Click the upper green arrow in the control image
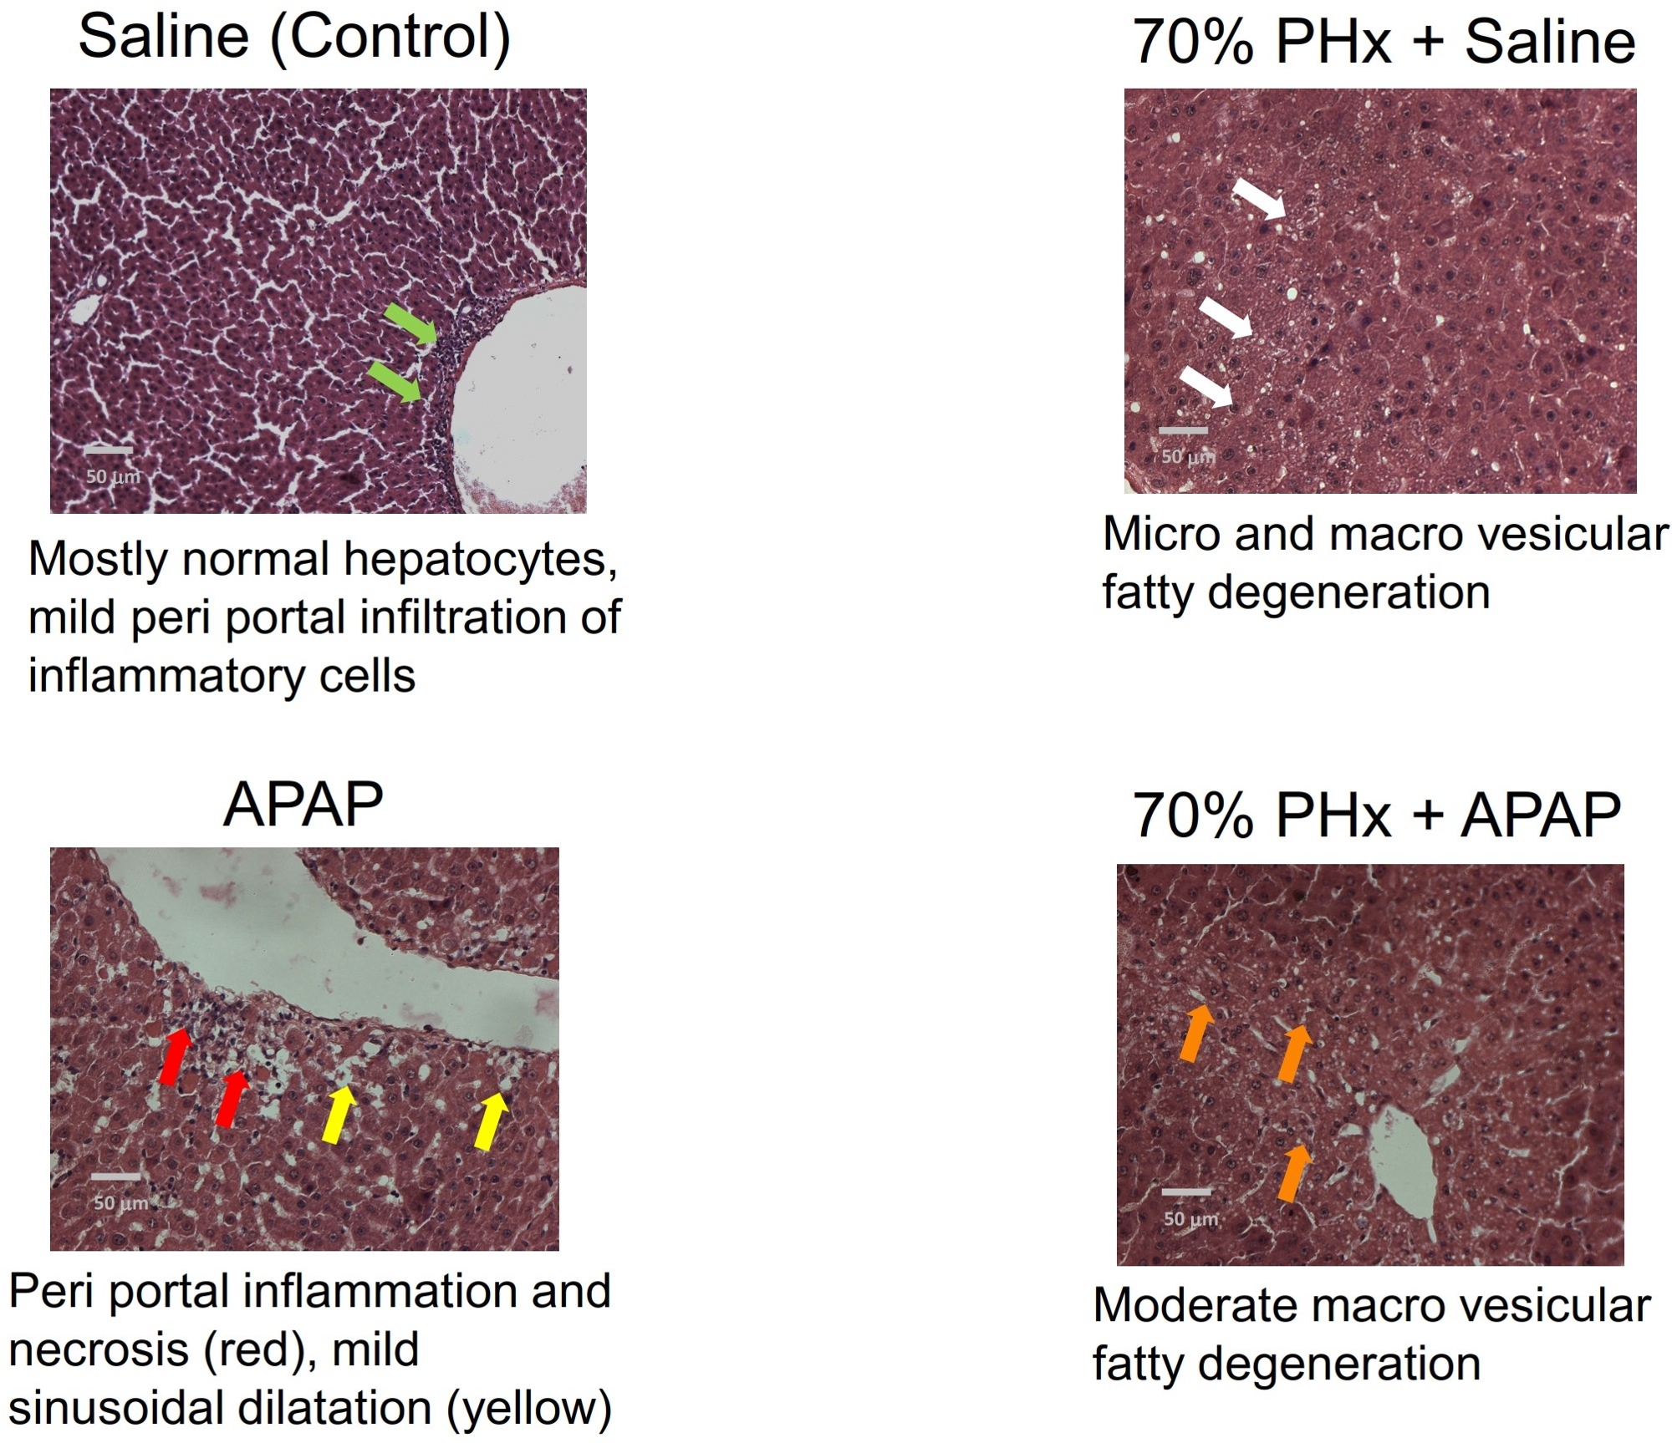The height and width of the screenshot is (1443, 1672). pyautogui.click(x=410, y=323)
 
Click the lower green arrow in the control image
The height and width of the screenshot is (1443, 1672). pyautogui.click(x=395, y=383)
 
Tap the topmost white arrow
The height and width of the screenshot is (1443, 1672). pyautogui.click(x=1259, y=198)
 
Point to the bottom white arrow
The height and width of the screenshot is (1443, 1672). pyautogui.click(x=1206, y=388)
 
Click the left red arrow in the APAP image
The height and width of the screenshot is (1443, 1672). pyautogui.click(x=175, y=1056)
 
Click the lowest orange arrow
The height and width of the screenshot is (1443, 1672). pyautogui.click(x=1293, y=1172)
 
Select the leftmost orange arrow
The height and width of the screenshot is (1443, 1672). pyautogui.click(x=1196, y=1033)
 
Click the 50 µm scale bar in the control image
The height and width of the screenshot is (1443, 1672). pyautogui.click(x=108, y=450)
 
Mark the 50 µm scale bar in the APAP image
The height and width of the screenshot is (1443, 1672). pyautogui.click(x=115, y=1176)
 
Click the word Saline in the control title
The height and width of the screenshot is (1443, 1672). pyautogui.click(x=164, y=38)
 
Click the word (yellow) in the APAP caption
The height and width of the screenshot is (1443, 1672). pyautogui.click(x=528, y=1408)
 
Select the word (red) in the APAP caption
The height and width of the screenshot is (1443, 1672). pyautogui.click(x=258, y=1349)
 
